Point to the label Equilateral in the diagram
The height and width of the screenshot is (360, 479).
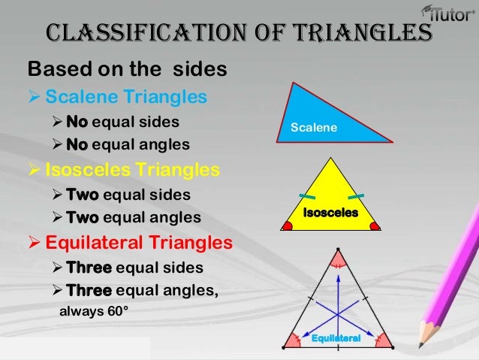coord(336,339)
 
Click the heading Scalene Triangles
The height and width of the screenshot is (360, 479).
coord(126,98)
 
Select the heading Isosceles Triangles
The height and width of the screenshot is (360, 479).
coord(133,170)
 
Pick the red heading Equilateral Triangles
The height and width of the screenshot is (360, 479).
coord(139,244)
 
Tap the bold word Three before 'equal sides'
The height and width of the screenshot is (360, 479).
coord(89,268)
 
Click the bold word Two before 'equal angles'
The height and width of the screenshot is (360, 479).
coord(82,218)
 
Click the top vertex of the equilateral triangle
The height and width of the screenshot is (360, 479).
coord(337,250)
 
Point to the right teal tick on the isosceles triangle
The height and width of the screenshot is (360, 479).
coord(357,197)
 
